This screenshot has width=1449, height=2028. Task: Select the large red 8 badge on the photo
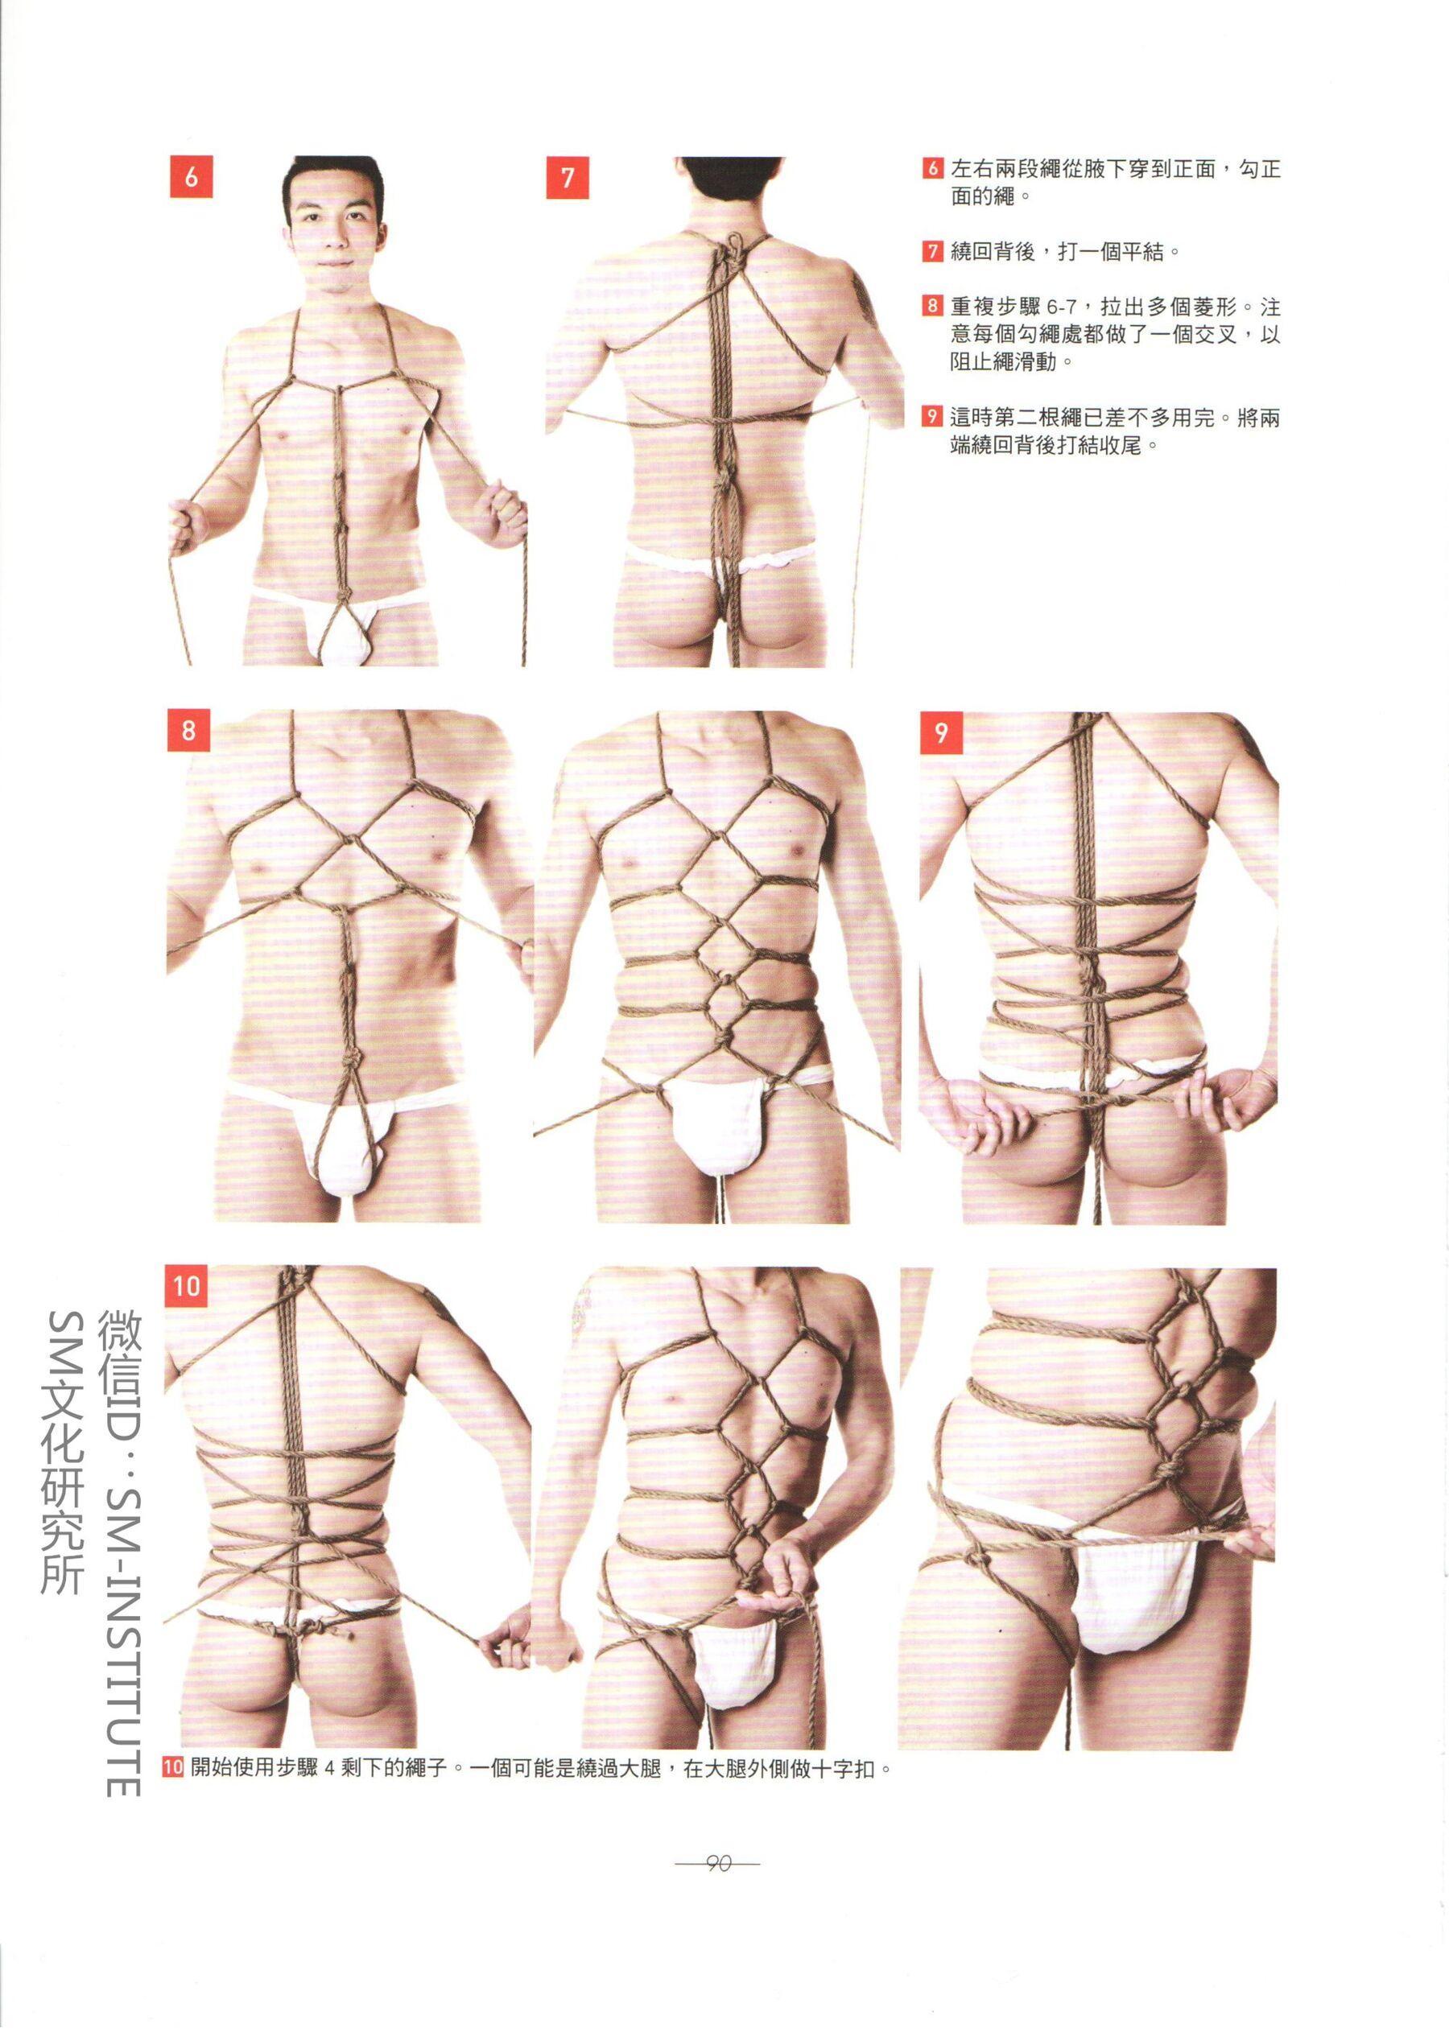188,732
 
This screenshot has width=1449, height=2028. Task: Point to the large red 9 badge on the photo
940,732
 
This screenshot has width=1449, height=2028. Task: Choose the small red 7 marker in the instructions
932,252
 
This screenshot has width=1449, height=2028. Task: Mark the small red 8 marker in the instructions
932,307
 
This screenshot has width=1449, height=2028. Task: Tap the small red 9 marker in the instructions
932,417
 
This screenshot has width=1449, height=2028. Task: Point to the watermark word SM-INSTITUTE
121,1623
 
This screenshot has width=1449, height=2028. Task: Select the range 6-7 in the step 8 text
1068,307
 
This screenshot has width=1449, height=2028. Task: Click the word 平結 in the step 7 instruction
1146,252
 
